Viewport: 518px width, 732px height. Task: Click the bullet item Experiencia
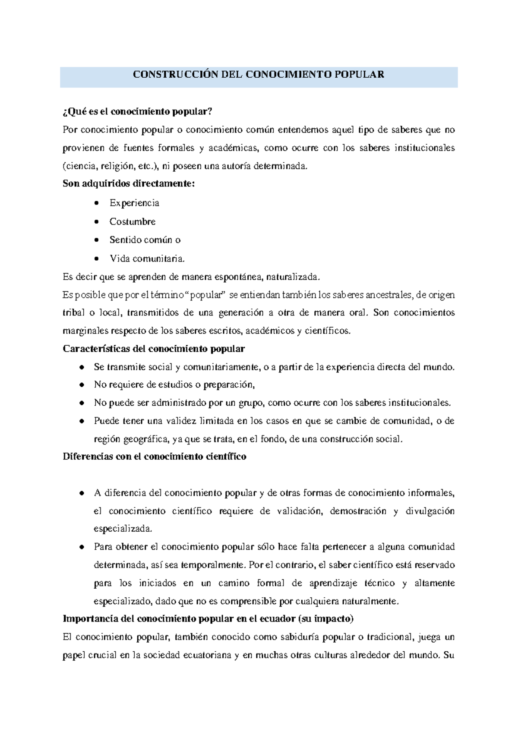pyautogui.click(x=134, y=203)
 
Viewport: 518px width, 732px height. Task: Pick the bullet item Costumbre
pyautogui.click(x=133, y=221)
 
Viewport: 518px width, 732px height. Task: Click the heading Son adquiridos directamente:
pyautogui.click(x=129, y=184)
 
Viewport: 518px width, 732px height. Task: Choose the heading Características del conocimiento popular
pyautogui.click(x=154, y=349)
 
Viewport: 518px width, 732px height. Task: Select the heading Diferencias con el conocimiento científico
pyautogui.click(x=155, y=457)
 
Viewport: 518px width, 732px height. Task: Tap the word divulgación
pyautogui.click(x=430, y=511)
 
